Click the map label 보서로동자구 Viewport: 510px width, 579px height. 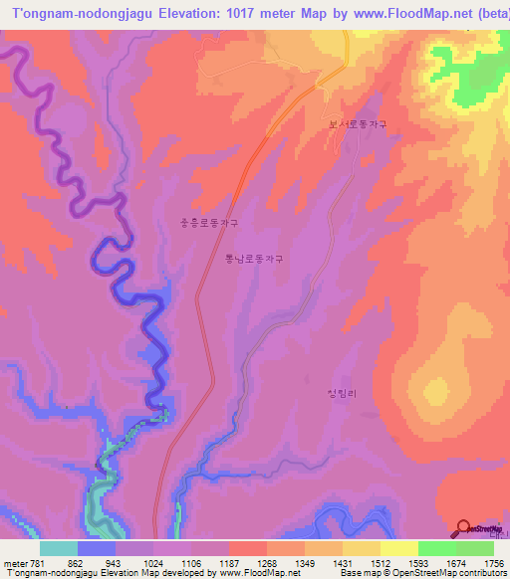tap(358, 125)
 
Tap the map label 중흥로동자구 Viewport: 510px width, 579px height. tap(208, 224)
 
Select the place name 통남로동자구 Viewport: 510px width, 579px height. tap(254, 259)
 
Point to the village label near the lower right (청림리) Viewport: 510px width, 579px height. tap(340, 394)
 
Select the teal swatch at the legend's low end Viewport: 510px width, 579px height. tap(58, 548)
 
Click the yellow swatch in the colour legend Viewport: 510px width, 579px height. tap(399, 548)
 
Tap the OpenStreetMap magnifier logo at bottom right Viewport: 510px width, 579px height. tap(463, 527)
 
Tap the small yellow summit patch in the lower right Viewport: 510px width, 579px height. tap(436, 389)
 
